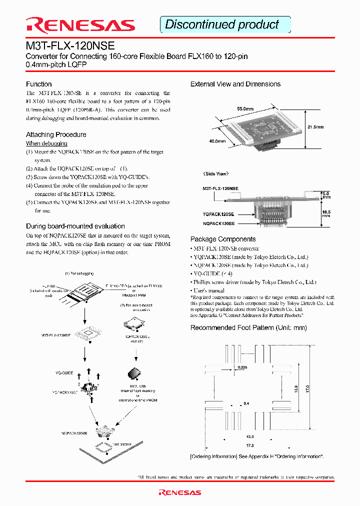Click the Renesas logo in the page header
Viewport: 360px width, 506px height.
(x=80, y=24)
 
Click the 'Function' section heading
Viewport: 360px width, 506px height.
(x=39, y=84)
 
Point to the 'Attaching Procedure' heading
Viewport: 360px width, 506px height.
(x=56, y=134)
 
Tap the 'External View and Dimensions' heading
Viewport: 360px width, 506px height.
(x=235, y=84)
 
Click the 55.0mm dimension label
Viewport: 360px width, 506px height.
(x=245, y=108)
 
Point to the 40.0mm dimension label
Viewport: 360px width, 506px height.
(x=217, y=141)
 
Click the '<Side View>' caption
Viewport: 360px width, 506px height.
(x=215, y=173)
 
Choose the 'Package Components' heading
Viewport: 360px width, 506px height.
(x=223, y=239)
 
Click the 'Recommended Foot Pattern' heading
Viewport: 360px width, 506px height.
(x=248, y=327)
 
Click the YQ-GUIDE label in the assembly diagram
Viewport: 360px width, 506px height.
(x=64, y=373)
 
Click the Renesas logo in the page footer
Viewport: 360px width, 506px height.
(x=180, y=492)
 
